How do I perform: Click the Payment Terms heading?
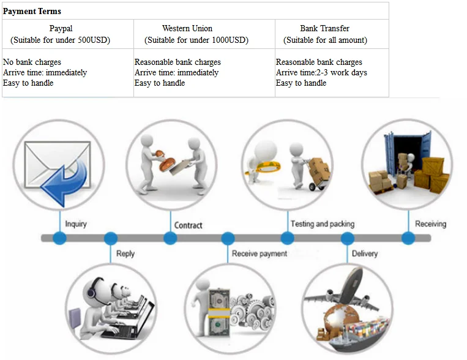point(32,11)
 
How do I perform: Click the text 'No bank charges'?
point(32,62)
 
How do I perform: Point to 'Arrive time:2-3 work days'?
point(321,72)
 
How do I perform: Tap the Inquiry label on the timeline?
point(76,224)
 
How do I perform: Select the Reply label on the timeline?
point(125,253)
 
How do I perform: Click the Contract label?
point(188,225)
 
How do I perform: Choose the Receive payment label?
point(259,253)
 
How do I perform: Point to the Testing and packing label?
point(322,224)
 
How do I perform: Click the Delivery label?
point(365,253)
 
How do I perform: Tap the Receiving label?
point(430,224)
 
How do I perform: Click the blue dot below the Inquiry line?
point(59,238)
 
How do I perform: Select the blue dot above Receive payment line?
point(228,238)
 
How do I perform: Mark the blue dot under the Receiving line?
point(408,238)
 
